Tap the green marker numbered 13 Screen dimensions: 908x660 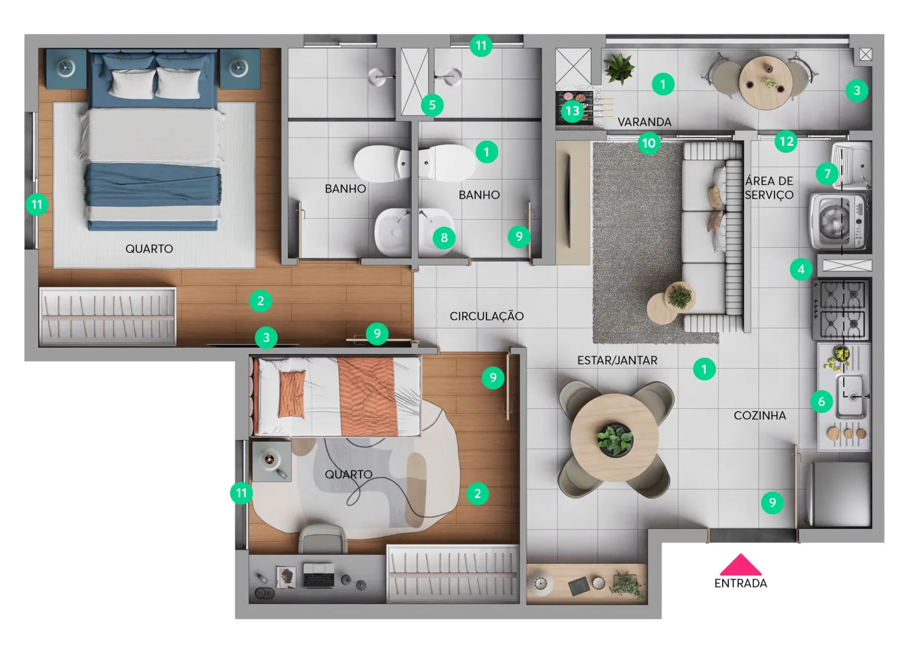[572, 111]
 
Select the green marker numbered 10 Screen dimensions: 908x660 [649, 143]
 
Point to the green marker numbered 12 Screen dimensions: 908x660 [786, 141]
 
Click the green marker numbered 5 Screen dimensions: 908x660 [432, 106]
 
